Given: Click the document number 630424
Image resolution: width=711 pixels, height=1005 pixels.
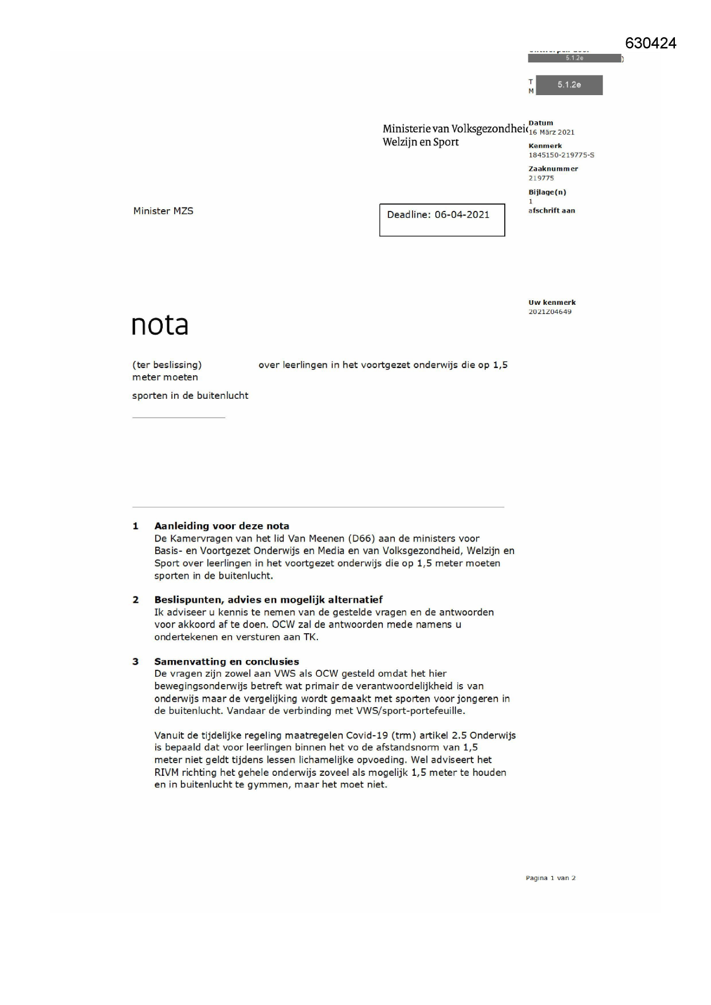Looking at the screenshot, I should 650,44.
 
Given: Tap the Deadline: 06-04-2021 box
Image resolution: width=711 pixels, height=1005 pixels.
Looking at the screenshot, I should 442,219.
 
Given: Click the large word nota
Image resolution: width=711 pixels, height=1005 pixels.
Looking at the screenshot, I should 160,325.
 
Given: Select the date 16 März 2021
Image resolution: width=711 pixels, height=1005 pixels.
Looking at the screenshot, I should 551,132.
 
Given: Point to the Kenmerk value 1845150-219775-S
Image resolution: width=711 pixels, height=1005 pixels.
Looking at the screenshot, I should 561,155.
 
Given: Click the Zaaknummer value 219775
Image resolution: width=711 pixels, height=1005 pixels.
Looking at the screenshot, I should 541,178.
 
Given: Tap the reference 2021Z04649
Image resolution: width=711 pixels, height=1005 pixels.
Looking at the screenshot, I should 549,312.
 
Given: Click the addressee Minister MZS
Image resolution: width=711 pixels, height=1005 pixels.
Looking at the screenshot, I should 163,211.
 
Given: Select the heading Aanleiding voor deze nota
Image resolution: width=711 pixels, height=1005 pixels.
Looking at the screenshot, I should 221,526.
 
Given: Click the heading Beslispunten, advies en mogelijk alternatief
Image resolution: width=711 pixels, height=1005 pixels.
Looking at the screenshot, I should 268,600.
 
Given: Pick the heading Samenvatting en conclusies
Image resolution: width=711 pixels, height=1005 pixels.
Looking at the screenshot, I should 226,662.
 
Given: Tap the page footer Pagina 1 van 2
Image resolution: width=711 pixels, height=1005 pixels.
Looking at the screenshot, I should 550,878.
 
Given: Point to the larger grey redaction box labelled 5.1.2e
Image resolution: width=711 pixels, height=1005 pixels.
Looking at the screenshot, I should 569,85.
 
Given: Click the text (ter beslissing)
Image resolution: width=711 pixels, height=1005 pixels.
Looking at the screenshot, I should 167,365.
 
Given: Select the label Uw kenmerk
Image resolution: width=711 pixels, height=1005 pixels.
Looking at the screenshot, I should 552,303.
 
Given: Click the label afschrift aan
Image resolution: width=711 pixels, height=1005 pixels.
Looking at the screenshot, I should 551,211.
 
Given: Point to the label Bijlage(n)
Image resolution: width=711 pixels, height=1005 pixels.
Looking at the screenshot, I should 547,193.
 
